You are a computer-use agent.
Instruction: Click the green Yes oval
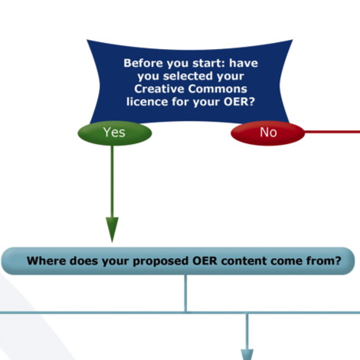(115, 133)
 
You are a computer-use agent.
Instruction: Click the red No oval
(268, 133)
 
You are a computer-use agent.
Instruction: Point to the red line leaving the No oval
(332, 132)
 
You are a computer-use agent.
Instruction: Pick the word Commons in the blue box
(218, 89)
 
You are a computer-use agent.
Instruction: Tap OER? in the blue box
(240, 102)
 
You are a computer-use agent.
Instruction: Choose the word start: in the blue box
(209, 63)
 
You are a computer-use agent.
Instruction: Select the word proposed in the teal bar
(160, 261)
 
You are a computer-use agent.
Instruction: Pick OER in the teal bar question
(205, 260)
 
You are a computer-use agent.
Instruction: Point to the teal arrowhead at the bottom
(247, 355)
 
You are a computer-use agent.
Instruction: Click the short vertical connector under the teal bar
(185, 293)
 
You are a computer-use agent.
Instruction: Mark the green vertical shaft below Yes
(112, 182)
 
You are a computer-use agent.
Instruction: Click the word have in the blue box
(244, 63)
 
